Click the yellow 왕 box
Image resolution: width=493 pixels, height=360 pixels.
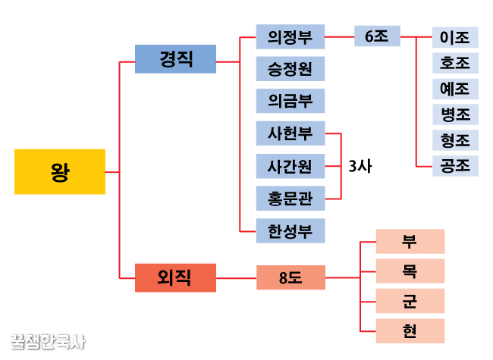click(x=60, y=172)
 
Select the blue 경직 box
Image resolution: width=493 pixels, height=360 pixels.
click(x=175, y=59)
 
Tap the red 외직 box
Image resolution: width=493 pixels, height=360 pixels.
click(x=175, y=277)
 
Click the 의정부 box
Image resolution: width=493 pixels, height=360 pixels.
click(x=290, y=36)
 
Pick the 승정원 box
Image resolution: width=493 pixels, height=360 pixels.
click(x=290, y=69)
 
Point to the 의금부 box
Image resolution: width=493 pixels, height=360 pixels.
click(x=290, y=101)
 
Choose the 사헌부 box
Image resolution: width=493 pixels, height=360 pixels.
click(x=290, y=133)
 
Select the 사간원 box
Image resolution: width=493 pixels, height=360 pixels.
click(x=290, y=165)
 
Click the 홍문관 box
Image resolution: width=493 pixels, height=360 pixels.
click(x=290, y=198)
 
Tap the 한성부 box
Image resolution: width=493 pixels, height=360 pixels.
click(x=290, y=230)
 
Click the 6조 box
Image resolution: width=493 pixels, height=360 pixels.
click(x=377, y=36)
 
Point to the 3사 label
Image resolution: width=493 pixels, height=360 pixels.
click(x=360, y=165)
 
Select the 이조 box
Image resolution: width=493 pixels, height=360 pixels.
click(x=455, y=37)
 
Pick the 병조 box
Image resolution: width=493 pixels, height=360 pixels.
click(x=455, y=114)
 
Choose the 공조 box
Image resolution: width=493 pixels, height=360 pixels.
click(x=455, y=164)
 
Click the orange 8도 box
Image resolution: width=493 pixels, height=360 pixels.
click(x=290, y=277)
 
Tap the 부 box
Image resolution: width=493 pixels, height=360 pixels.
click(x=410, y=241)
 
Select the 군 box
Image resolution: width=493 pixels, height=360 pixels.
click(x=410, y=301)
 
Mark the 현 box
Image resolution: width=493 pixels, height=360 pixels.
click(x=410, y=330)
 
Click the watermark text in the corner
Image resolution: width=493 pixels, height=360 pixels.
click(x=47, y=342)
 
